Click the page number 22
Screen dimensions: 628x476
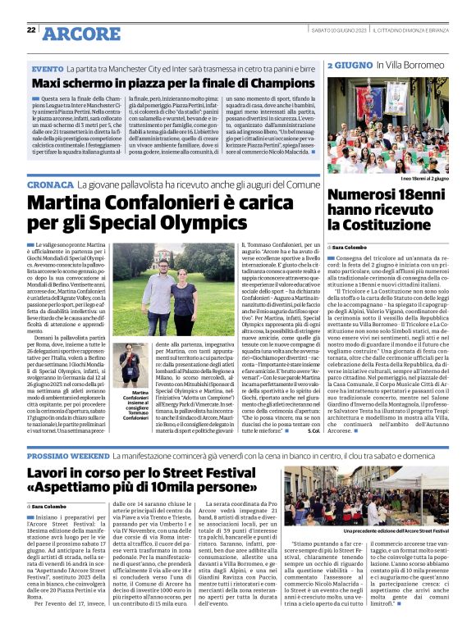(30, 30)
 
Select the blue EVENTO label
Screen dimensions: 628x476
(48, 69)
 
